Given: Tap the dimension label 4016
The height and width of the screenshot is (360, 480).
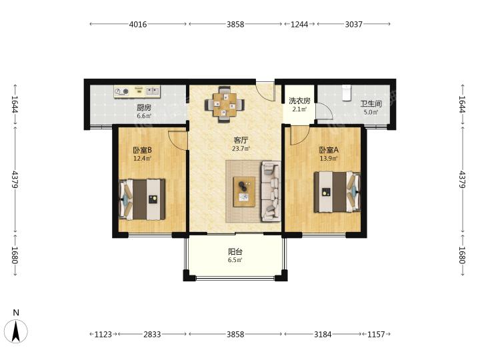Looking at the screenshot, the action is (x=138, y=24).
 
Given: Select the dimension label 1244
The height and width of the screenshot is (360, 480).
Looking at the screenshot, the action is (x=299, y=24).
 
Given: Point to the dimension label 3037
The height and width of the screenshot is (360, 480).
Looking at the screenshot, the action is (x=353, y=24).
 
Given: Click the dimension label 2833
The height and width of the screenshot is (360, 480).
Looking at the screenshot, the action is (x=152, y=334).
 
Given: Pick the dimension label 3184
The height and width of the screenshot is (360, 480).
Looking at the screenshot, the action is (x=323, y=334).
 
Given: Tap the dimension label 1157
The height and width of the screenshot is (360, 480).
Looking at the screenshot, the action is (x=376, y=334).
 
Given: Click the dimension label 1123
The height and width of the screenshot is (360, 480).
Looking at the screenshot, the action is (x=103, y=334).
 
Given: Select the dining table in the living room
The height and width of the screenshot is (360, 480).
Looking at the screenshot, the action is (x=225, y=105).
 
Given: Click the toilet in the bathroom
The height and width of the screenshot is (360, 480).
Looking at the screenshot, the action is (x=346, y=93).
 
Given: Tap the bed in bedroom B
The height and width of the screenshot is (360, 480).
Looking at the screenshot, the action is (x=142, y=199).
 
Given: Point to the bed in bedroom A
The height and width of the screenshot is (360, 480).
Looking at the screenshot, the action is (x=337, y=192).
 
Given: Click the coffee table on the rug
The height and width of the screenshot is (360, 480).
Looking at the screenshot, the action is (x=244, y=191).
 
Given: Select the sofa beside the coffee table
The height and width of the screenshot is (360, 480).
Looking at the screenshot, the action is (x=271, y=191).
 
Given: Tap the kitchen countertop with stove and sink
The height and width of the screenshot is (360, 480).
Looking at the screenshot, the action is (x=137, y=91).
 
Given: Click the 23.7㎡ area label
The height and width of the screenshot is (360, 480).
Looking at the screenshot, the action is (x=241, y=149).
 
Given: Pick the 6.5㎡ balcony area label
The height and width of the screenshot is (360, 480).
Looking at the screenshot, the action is (x=235, y=260).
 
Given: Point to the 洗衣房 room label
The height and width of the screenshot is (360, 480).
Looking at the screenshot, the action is (x=299, y=101).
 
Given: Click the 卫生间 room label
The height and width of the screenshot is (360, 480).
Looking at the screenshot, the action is (x=371, y=104).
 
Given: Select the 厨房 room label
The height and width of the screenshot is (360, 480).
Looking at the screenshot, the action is (x=144, y=107).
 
